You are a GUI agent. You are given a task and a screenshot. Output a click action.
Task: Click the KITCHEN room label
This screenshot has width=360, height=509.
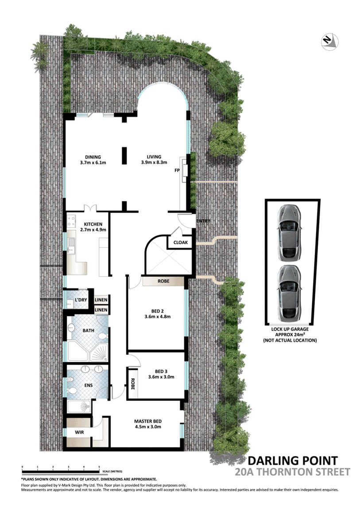click(x=92, y=224)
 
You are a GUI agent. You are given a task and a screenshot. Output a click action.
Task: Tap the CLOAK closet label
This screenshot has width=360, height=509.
click(x=180, y=243)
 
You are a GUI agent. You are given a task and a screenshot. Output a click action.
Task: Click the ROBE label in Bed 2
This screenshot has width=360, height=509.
click(x=163, y=281)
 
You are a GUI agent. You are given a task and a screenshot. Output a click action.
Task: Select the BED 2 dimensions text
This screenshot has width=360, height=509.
click(x=158, y=316)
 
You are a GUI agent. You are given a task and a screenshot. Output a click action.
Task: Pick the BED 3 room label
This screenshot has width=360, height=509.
click(x=161, y=371)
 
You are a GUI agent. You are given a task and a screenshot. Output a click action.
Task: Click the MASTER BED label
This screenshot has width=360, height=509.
click(x=148, y=421)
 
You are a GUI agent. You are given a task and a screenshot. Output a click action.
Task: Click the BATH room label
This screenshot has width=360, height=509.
click(x=88, y=330)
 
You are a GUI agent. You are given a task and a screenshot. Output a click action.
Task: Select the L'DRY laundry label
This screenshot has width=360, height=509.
click(x=81, y=300)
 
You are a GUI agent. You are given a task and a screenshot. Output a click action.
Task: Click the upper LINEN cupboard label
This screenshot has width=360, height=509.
click(x=101, y=300)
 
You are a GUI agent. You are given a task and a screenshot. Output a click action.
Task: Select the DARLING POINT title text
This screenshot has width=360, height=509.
click(x=292, y=460)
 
